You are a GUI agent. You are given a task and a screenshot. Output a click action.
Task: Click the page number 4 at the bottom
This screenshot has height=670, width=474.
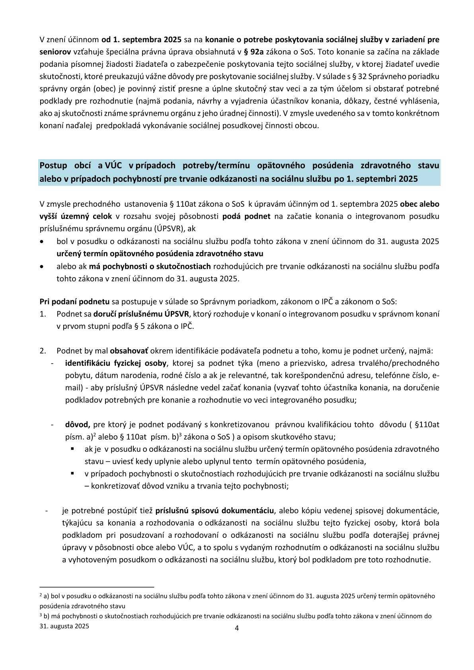237,628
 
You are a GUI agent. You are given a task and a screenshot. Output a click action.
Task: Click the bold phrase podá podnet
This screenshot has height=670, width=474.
246,216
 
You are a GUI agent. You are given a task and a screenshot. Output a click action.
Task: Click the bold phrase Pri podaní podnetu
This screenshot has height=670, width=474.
74,302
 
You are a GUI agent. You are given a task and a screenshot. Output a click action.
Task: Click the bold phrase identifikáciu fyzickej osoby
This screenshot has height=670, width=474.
116,363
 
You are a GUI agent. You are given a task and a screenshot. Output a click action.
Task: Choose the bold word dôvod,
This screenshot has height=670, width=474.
78,425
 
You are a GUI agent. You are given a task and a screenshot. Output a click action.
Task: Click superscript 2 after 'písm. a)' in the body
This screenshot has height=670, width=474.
94,434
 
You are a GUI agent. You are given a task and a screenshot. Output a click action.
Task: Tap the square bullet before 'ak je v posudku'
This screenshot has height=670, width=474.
73,449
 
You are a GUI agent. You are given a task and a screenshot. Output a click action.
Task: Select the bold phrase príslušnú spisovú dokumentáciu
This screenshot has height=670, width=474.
215,510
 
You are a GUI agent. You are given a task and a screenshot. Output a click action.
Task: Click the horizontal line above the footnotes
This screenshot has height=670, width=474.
97,586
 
